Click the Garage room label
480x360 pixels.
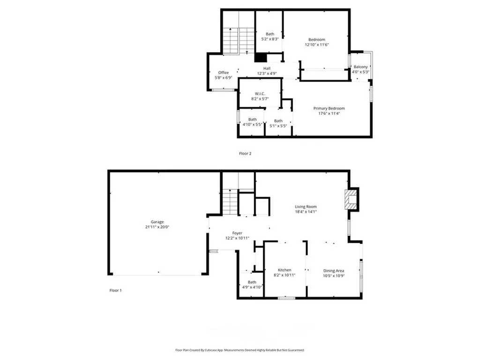tap(157, 222)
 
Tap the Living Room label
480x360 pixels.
tap(306, 206)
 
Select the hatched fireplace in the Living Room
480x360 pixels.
tap(351, 200)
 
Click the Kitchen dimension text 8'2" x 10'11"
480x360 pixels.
tap(285, 275)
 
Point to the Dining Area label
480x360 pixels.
tap(334, 270)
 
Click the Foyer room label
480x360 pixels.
tap(237, 233)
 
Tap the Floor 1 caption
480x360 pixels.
tap(116, 290)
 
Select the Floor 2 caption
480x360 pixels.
tap(245, 153)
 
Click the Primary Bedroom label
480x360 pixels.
tap(329, 108)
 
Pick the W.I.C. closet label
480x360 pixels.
tap(260, 94)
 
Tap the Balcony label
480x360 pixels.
tap(360, 67)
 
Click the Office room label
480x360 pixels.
tap(224, 73)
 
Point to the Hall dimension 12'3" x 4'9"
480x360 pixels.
tap(267, 74)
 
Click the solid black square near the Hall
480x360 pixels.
tap(261, 58)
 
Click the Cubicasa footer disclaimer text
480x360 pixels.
tap(240, 350)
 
